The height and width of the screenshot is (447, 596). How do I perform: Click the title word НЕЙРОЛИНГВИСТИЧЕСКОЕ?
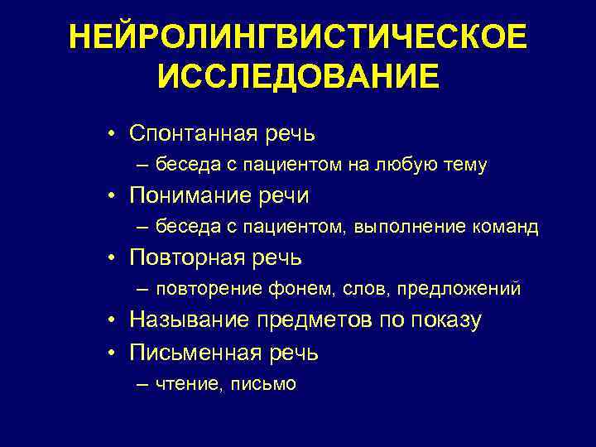point(297,36)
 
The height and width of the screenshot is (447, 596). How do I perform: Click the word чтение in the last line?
point(181,384)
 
